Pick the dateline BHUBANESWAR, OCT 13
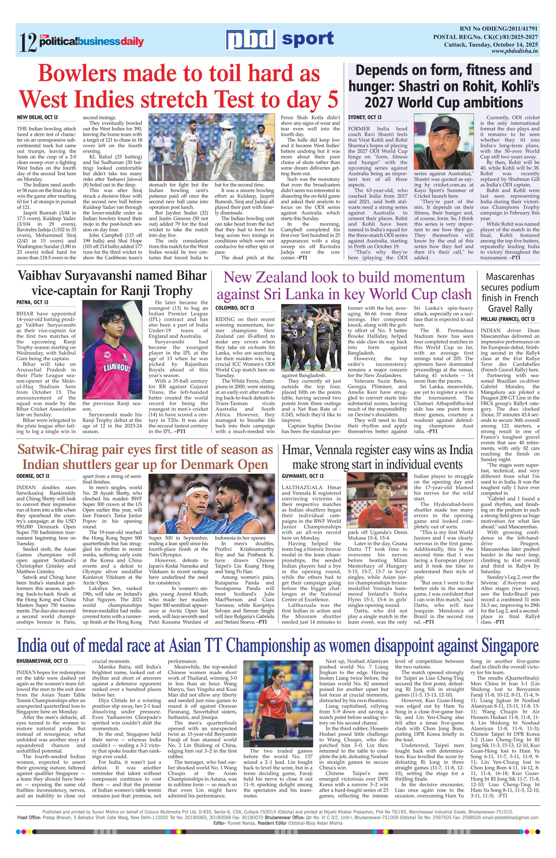click(x=42, y=661)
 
